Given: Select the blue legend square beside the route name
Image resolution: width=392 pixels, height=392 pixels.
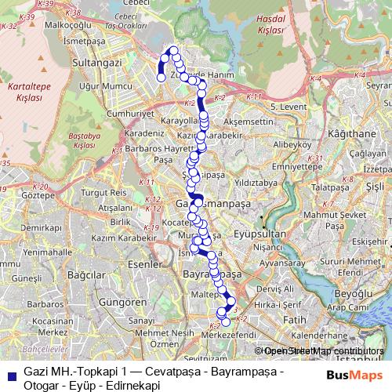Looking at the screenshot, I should [9, 374].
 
